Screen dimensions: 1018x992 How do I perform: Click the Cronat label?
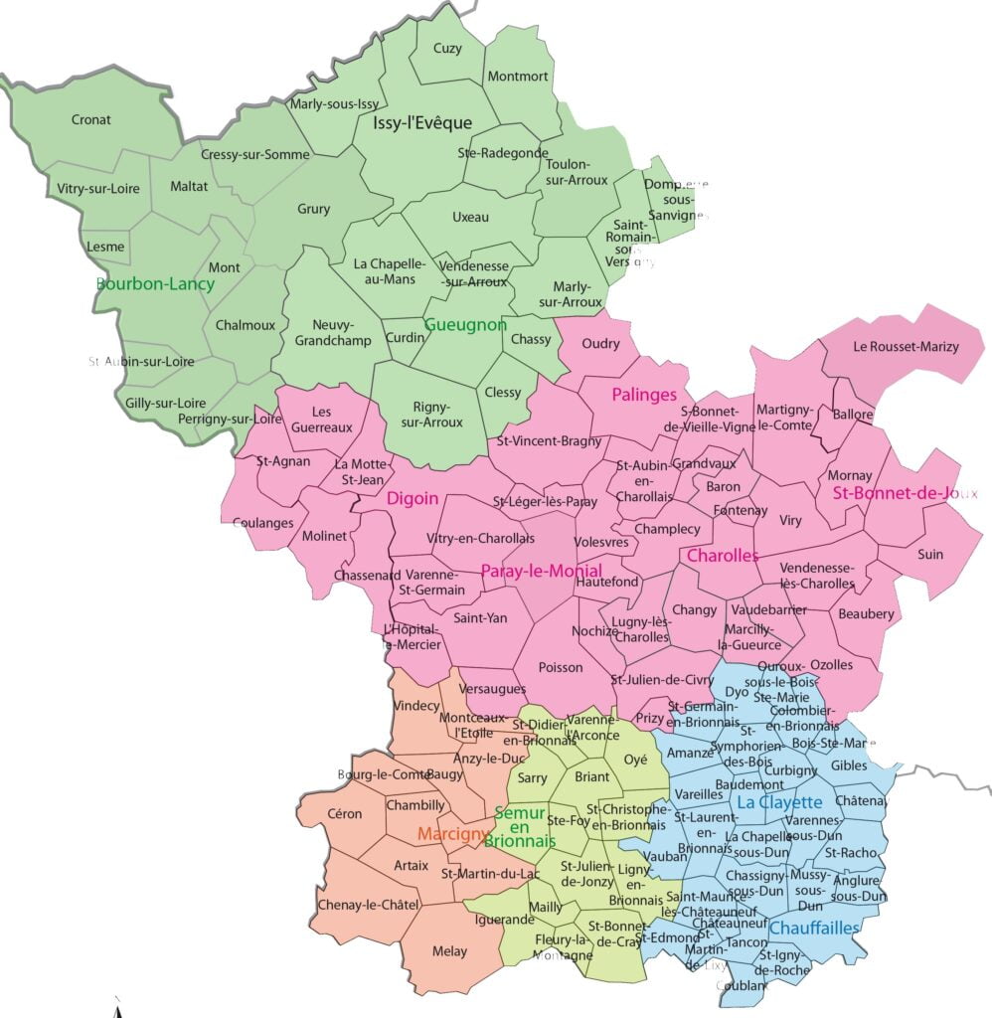91,120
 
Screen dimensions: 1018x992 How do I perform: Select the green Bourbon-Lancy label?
155,283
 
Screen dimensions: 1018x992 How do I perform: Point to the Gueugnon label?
465,325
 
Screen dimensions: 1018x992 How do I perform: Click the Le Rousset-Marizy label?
907,347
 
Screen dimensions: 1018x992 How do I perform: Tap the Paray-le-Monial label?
541,571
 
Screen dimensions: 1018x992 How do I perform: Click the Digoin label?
413,498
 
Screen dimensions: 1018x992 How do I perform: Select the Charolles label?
723,556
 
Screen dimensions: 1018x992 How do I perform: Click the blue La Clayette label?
779,802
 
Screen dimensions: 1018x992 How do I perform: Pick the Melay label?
449,951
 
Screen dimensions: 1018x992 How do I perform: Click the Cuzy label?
448,49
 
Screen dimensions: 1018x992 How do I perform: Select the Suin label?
930,554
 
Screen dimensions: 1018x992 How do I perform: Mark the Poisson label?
561,667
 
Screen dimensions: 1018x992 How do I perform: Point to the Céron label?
344,813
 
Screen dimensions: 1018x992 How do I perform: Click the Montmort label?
517,77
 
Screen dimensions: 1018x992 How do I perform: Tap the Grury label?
313,209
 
